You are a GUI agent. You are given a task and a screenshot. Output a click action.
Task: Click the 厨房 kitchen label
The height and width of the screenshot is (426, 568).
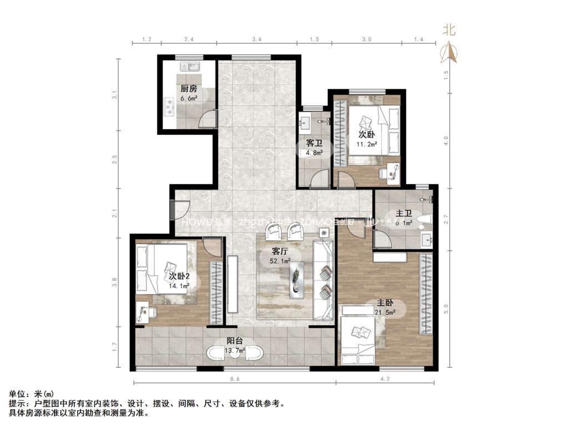(189, 89)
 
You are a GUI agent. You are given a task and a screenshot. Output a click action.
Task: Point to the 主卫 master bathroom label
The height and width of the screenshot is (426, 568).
(403, 212)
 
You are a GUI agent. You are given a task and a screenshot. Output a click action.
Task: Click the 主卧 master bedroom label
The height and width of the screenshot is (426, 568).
(386, 303)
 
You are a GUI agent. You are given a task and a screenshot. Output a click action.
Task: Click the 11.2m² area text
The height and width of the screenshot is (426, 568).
(367, 144)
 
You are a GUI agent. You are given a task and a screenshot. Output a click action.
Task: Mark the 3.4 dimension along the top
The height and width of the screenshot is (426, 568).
(256, 39)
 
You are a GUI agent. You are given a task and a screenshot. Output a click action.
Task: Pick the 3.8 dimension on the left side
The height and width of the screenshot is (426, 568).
(115, 282)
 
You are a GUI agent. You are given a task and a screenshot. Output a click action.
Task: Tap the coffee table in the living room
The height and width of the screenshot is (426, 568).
(296, 276)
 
